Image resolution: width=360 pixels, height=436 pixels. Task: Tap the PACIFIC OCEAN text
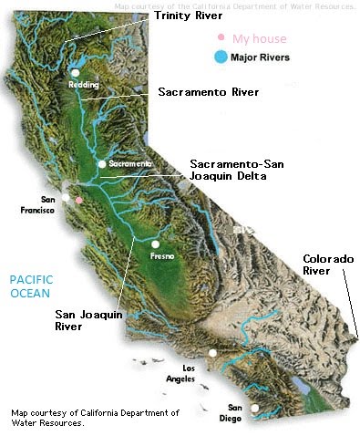(x=33, y=286)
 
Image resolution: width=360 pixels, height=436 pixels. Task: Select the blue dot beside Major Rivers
(x=218, y=57)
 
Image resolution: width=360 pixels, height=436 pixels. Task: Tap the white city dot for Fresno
(x=156, y=244)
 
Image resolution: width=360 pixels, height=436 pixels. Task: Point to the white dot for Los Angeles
(x=212, y=353)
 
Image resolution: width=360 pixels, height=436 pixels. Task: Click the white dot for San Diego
(x=255, y=408)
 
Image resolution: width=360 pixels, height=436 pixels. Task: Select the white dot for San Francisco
(x=65, y=196)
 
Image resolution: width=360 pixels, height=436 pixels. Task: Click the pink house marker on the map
(x=79, y=199)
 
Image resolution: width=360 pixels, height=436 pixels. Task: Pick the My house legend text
(x=259, y=38)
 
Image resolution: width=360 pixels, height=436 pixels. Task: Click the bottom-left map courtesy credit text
(x=95, y=418)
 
